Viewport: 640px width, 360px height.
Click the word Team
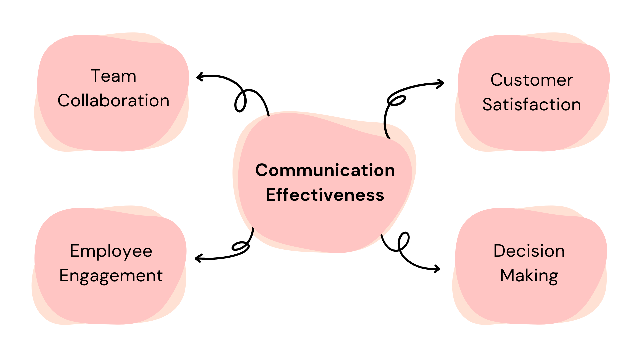(113, 76)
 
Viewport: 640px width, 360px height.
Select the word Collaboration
(113, 101)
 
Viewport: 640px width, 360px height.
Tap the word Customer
(531, 80)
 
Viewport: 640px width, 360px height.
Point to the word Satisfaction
(531, 105)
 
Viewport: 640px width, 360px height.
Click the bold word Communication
(325, 170)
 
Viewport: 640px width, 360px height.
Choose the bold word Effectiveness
(325, 195)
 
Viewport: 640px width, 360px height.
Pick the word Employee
(111, 251)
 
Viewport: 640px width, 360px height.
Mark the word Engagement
(111, 276)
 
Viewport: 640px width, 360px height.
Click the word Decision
(529, 251)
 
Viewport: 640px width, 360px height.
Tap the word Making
(529, 276)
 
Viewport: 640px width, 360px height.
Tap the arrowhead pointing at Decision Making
(438, 268)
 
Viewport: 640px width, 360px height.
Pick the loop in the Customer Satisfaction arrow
(397, 100)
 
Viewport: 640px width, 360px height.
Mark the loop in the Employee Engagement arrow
(240, 246)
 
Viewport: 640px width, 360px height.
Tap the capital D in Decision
(500, 251)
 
